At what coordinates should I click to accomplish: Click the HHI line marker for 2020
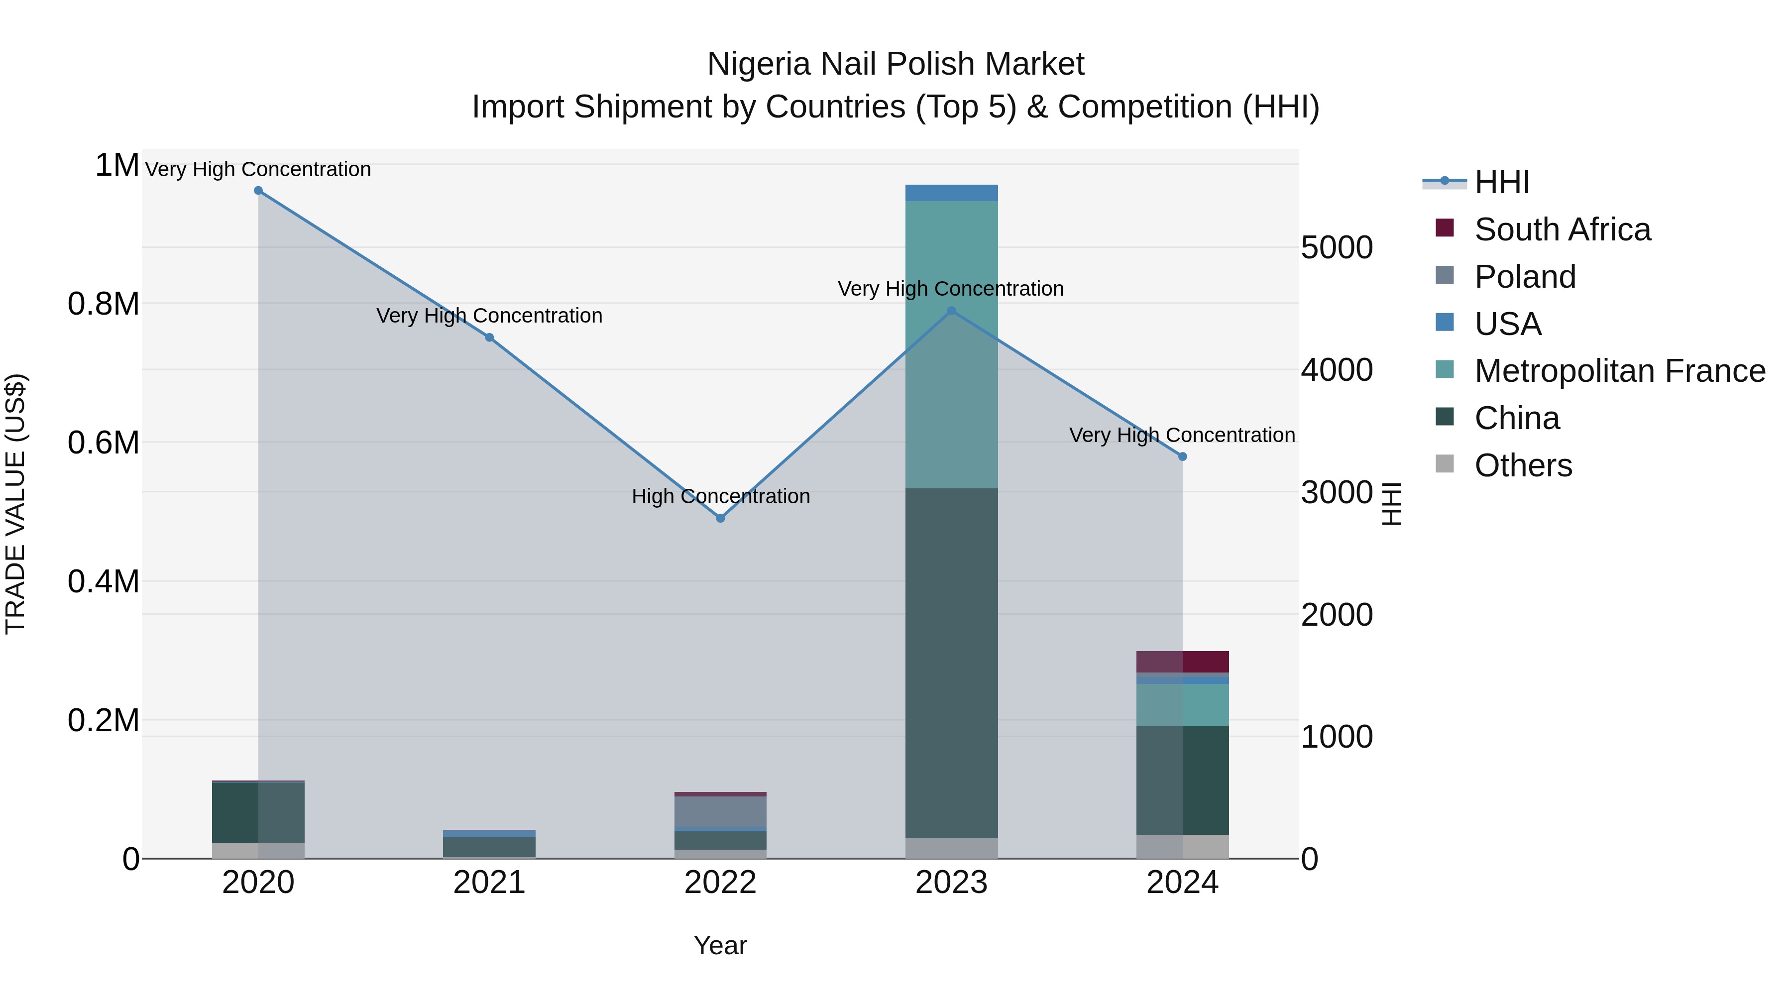(x=258, y=191)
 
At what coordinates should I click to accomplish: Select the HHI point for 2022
(x=721, y=518)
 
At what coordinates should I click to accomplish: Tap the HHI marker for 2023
(x=952, y=311)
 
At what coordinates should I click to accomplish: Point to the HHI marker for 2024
(x=1183, y=456)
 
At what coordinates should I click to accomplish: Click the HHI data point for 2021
(x=489, y=337)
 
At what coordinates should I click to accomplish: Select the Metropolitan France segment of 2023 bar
(x=952, y=344)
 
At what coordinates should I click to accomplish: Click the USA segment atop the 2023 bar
(x=952, y=193)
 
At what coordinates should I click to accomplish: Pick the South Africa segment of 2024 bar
(x=1183, y=662)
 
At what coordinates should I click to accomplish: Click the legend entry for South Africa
(x=1562, y=229)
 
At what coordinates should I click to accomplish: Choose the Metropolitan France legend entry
(x=1619, y=371)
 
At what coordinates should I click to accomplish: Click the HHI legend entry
(x=1501, y=182)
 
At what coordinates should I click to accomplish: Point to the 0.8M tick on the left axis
(x=104, y=304)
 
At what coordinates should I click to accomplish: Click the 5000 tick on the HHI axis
(x=1337, y=248)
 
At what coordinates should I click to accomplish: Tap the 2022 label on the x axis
(x=721, y=883)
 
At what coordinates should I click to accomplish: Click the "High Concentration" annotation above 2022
(x=721, y=496)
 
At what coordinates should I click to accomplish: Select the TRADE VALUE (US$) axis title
(x=15, y=504)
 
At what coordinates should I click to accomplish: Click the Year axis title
(x=721, y=945)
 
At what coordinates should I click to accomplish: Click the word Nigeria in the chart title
(x=758, y=64)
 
